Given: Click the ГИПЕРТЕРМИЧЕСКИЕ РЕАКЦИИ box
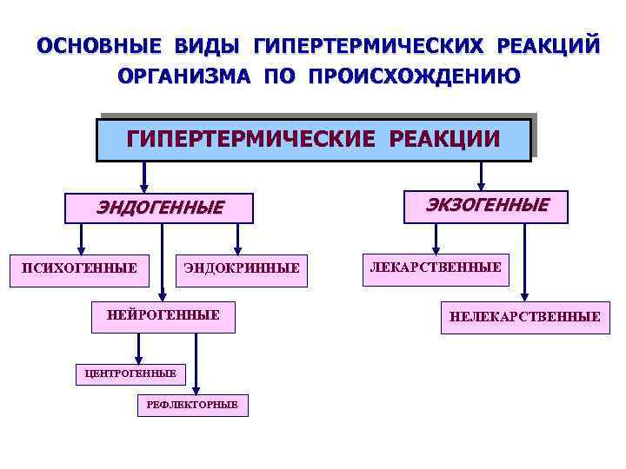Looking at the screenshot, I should tap(313, 140).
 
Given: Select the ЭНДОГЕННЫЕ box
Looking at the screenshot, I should tap(160, 207).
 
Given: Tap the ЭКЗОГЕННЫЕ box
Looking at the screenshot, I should tap(487, 206).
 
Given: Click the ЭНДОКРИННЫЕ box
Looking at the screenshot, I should tap(242, 268).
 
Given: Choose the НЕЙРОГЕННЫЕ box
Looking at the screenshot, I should tap(163, 315).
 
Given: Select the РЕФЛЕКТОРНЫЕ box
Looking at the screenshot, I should tap(192, 405).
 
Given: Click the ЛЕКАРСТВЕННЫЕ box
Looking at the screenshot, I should tap(436, 268).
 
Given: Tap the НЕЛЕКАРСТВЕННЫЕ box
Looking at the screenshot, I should tap(524, 317).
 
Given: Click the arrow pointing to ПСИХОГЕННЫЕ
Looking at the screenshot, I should tap(81, 237).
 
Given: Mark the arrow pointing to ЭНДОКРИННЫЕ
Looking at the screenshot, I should tap(237, 237).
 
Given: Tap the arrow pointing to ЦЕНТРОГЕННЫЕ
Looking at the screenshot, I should tap(137, 347).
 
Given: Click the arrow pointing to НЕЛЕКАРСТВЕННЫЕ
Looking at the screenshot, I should tap(524, 261).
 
